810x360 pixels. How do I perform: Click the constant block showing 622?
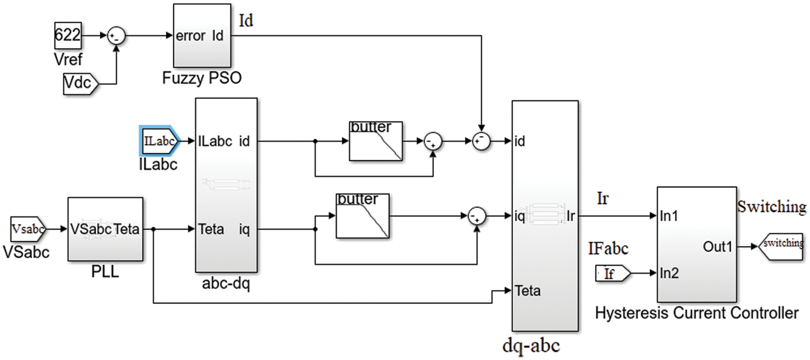point(67,36)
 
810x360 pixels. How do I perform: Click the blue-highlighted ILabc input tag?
point(159,141)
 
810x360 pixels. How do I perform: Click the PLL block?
point(105,228)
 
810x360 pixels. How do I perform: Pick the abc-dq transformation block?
point(226,185)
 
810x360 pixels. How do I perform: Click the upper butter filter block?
point(376,141)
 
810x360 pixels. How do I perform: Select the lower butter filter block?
point(363,216)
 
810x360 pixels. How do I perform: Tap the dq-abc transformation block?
point(545,216)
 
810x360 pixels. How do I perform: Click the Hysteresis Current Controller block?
point(697,244)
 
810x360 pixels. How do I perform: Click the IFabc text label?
point(608,249)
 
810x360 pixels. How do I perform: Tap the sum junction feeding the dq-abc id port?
point(480,141)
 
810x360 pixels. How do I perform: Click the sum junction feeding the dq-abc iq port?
point(477,216)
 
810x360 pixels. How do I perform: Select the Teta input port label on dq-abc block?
point(528,291)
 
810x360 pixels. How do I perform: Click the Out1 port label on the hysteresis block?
point(717,247)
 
